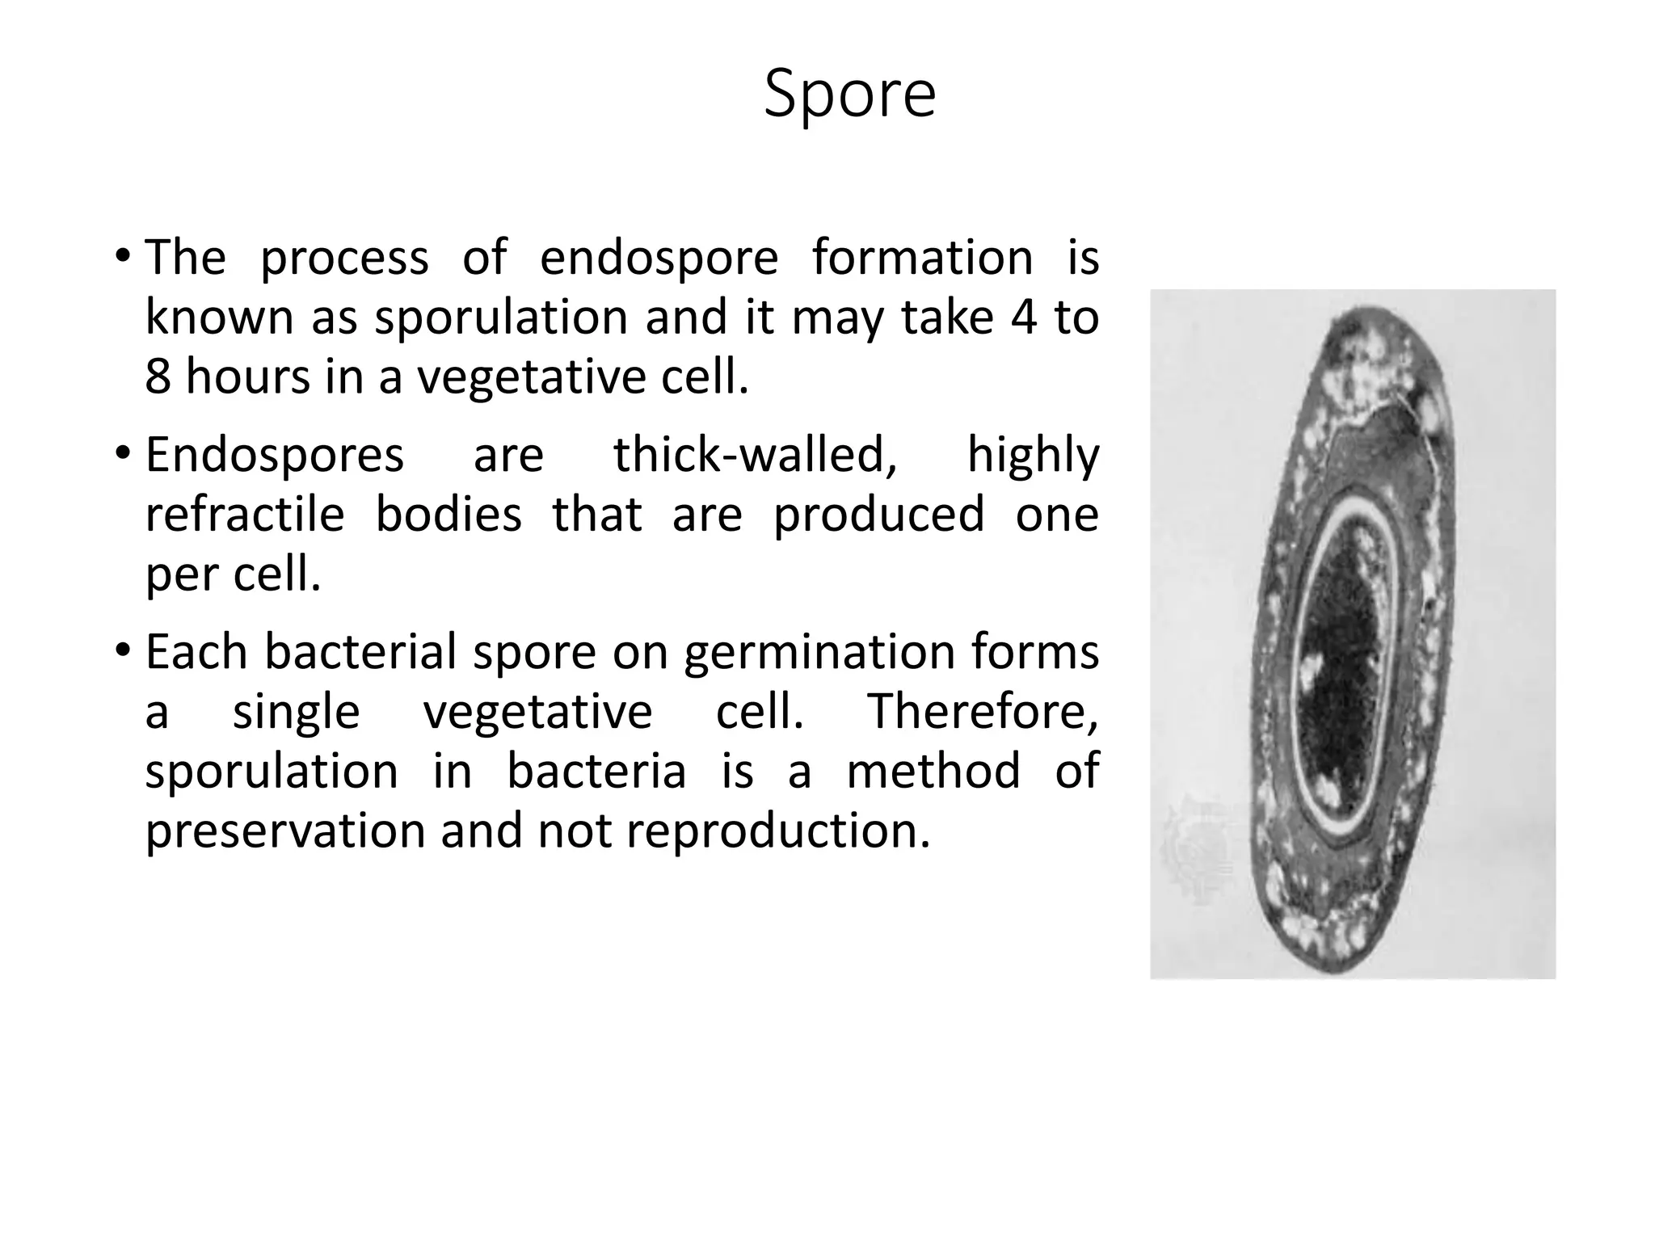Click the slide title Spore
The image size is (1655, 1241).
click(x=849, y=95)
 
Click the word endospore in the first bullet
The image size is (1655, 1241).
click(x=659, y=259)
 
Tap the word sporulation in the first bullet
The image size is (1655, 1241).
click(x=501, y=318)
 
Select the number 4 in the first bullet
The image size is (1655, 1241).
click(x=1024, y=317)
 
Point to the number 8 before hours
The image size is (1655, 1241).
click(x=158, y=377)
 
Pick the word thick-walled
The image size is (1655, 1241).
click(x=755, y=455)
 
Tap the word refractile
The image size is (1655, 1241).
click(x=245, y=515)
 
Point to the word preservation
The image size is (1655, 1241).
click(x=284, y=831)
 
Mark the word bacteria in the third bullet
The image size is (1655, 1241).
click(x=596, y=771)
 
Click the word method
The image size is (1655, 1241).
click(x=933, y=771)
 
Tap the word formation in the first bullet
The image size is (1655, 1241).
click(x=922, y=259)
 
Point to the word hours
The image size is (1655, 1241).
click(x=247, y=377)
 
